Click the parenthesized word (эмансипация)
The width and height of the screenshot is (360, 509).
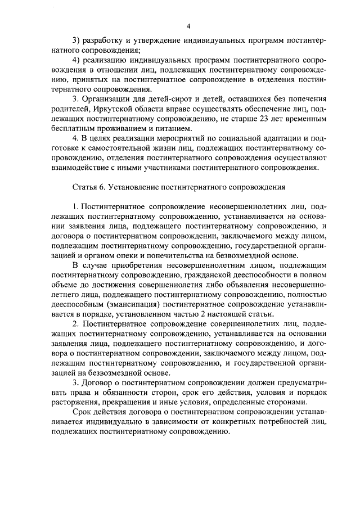pyautogui.click(x=130, y=304)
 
